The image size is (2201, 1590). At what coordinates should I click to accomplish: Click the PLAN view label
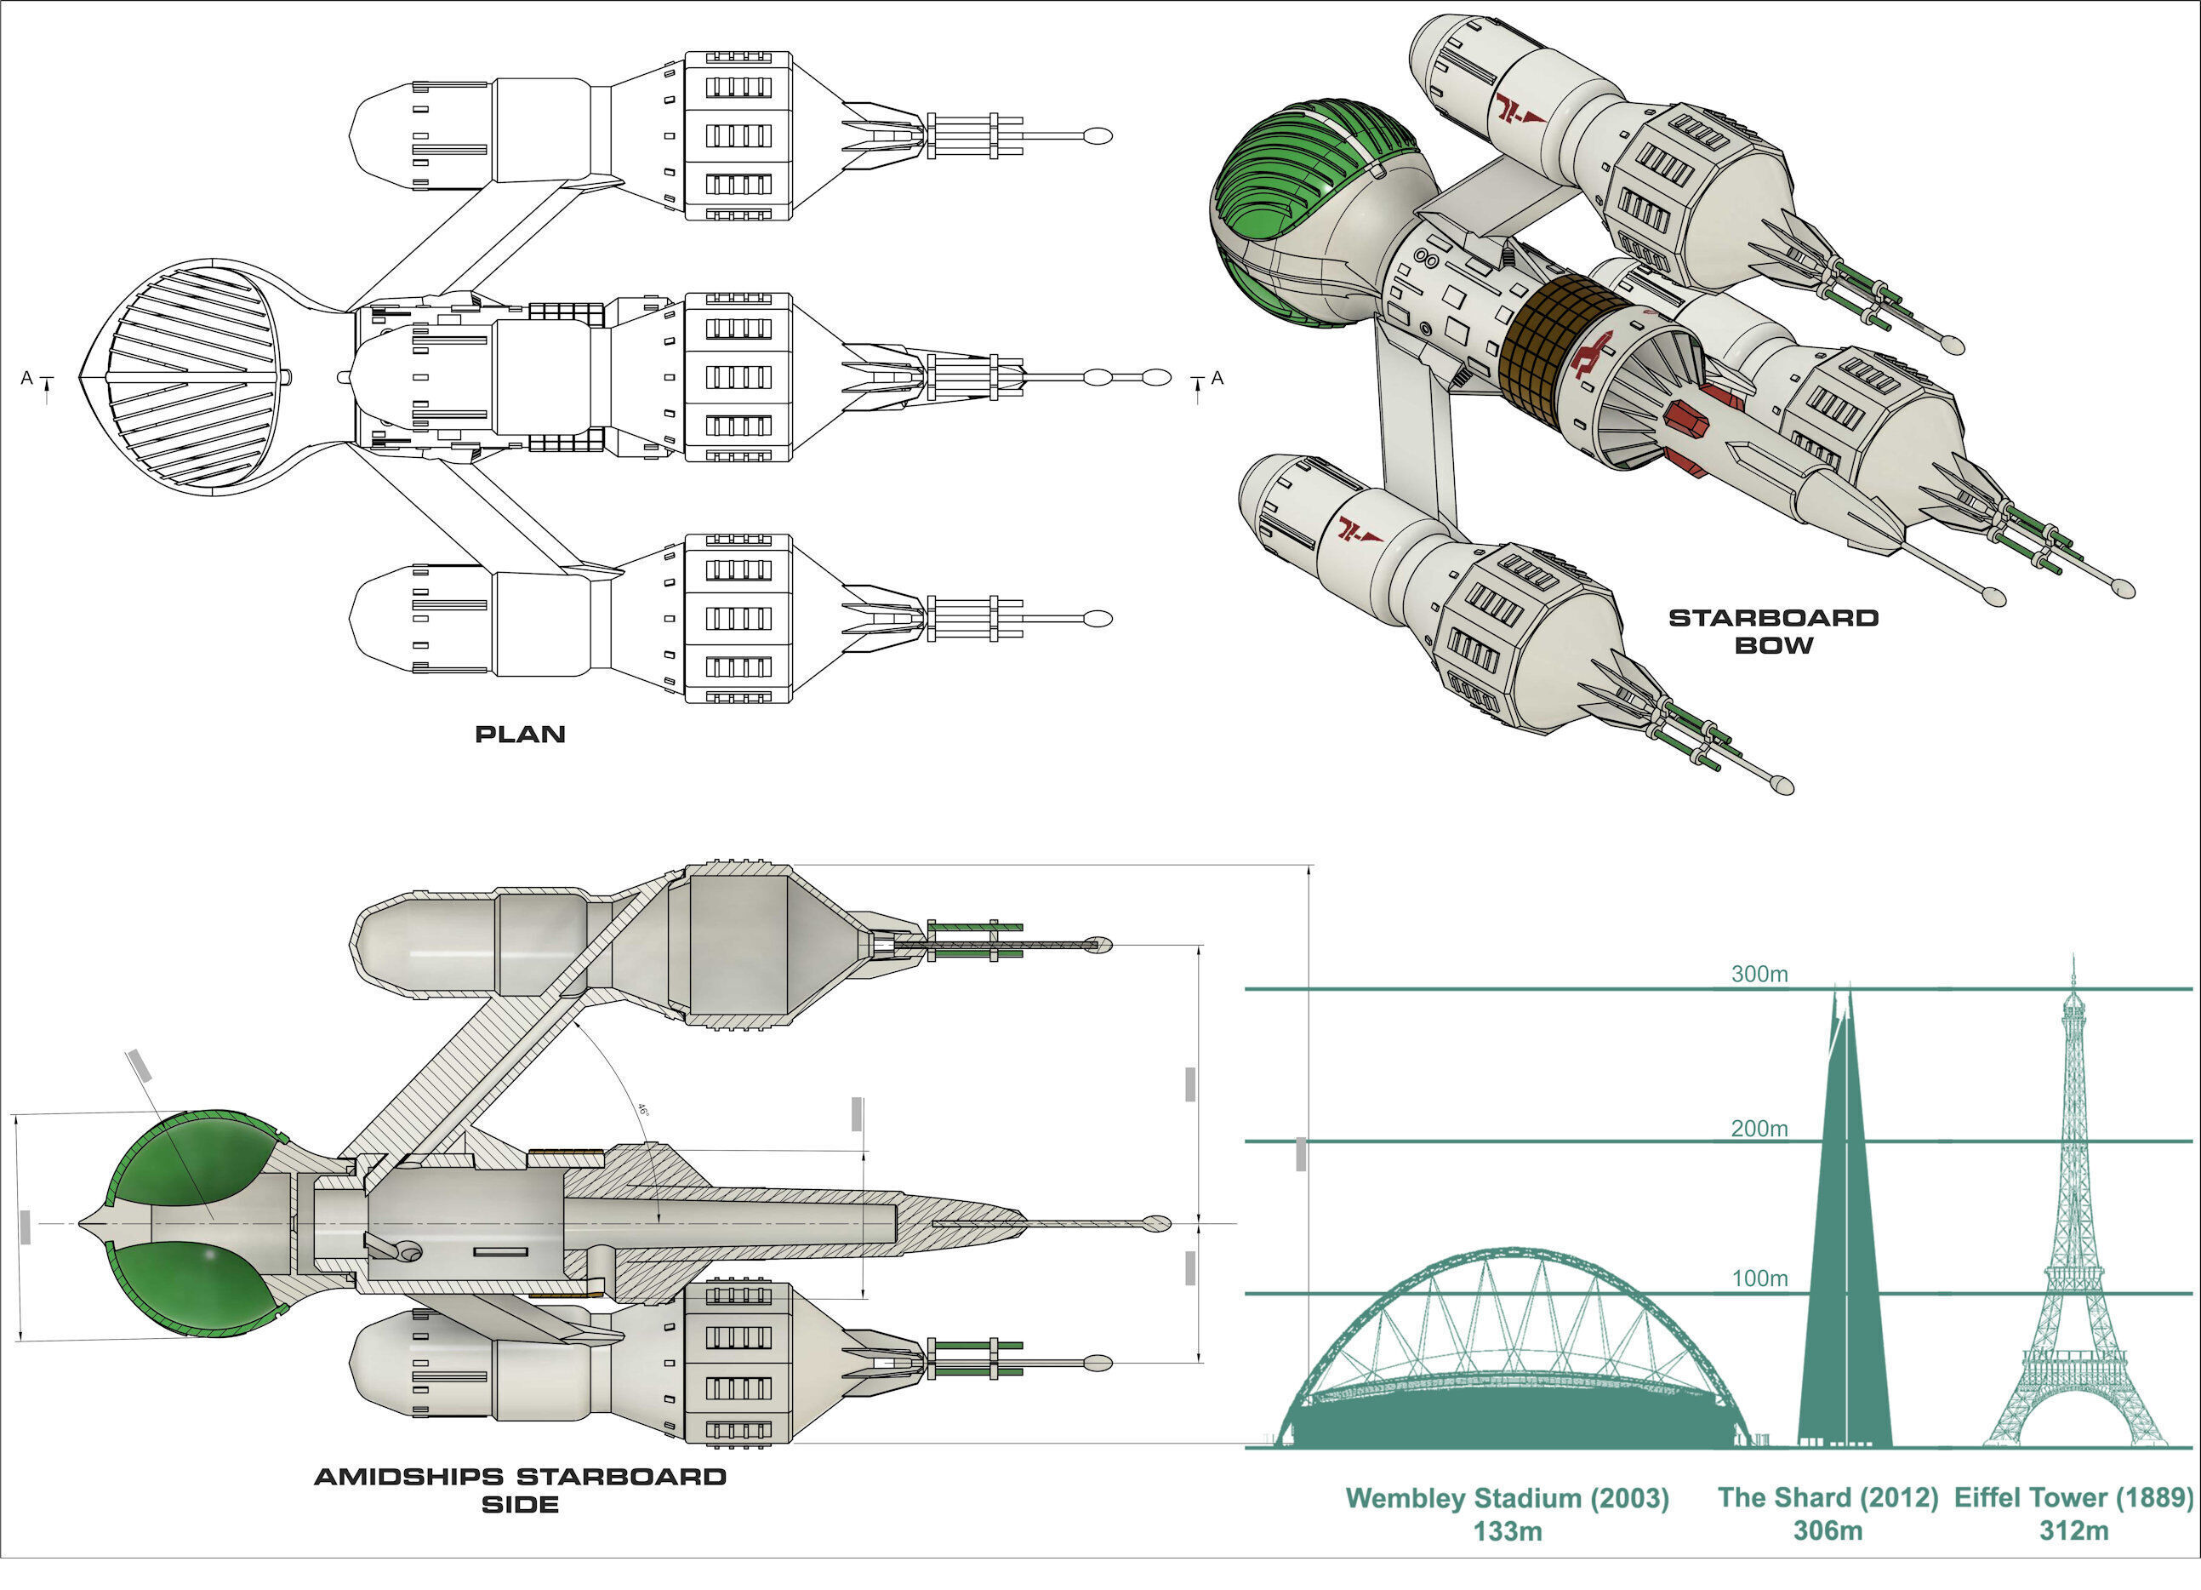[520, 735]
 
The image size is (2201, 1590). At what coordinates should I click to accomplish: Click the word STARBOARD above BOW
[1773, 618]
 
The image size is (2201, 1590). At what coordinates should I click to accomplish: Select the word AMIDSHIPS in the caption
[408, 1478]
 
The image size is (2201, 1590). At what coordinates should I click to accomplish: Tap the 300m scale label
[1759, 974]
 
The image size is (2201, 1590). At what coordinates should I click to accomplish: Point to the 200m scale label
[1759, 1128]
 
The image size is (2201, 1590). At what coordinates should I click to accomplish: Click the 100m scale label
[1759, 1278]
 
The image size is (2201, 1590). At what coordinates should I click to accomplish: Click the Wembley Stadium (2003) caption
[1507, 1498]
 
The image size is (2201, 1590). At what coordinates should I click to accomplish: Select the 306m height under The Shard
[1828, 1530]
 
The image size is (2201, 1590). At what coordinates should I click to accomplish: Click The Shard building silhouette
[1843, 1262]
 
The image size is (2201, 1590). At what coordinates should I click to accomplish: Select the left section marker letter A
[27, 378]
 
